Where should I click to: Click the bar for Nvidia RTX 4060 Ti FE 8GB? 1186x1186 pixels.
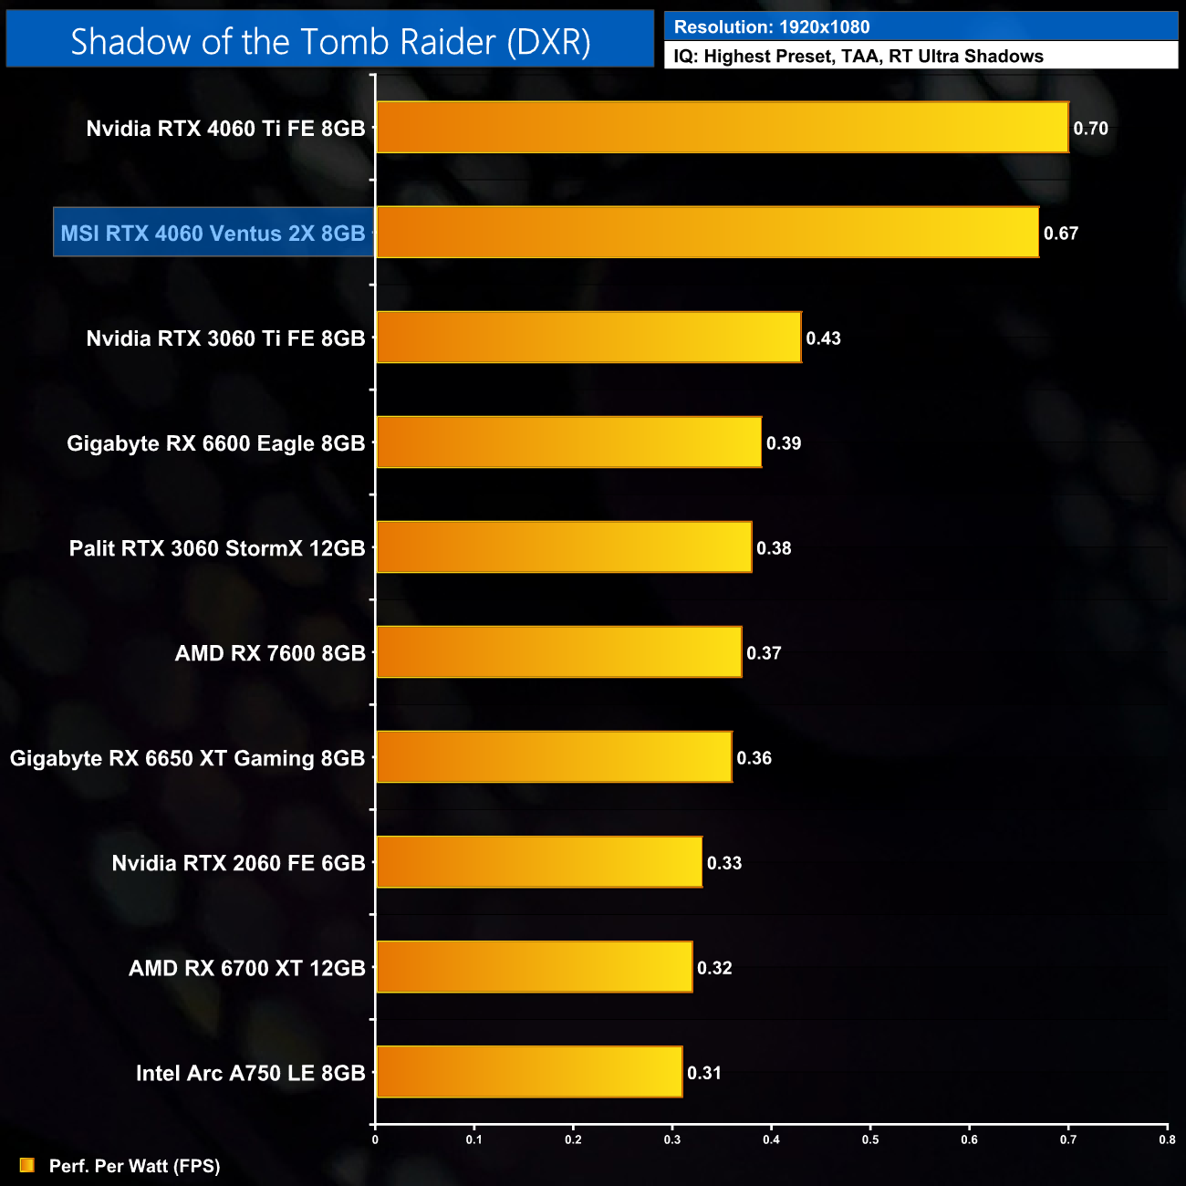(722, 128)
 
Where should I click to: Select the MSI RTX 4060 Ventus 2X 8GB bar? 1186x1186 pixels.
(707, 233)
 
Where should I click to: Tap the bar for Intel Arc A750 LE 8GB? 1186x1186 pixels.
(529, 1072)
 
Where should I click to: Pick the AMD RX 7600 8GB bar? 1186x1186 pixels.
(558, 652)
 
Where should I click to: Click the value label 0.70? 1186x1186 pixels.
(1090, 129)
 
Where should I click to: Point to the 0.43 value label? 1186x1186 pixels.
(823, 338)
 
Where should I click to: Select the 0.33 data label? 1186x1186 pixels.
(724, 863)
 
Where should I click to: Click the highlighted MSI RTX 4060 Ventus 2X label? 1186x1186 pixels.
(213, 234)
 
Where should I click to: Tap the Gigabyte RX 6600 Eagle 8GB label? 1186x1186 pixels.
(215, 443)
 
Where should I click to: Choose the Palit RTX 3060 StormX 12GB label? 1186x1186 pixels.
(217, 548)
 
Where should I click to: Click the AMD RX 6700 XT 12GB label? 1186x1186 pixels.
(246, 968)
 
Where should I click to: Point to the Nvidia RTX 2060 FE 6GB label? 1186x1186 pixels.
(238, 863)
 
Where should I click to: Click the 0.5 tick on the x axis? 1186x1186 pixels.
(870, 1139)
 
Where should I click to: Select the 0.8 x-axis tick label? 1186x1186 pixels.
(1167, 1139)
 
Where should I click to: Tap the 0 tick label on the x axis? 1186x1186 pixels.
(375, 1139)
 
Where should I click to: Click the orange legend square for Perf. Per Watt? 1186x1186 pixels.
(27, 1166)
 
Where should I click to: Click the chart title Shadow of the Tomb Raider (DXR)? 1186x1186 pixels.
(330, 42)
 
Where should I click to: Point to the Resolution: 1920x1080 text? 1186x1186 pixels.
(772, 27)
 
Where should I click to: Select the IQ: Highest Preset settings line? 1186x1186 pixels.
(858, 57)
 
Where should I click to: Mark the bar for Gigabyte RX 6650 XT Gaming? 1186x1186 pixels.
(554, 757)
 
